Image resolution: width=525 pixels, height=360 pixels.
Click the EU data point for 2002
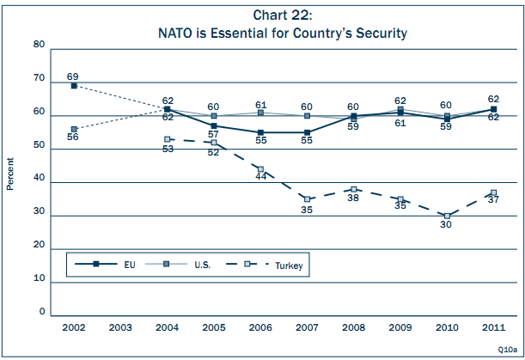tap(74, 86)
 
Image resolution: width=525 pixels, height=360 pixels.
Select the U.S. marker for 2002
tap(74, 129)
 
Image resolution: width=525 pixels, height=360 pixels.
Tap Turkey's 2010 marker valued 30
tap(447, 216)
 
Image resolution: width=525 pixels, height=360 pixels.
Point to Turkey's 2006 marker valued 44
tap(260, 169)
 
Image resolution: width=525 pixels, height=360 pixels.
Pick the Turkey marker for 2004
tap(168, 139)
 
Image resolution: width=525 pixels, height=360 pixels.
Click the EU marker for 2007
tap(308, 132)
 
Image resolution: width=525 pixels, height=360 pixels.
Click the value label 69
tap(73, 76)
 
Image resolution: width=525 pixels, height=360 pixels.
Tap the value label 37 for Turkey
tap(494, 200)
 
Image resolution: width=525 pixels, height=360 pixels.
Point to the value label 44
tap(260, 179)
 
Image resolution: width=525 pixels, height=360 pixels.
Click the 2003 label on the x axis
tap(120, 327)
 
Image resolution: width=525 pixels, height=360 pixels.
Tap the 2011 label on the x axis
tap(494, 327)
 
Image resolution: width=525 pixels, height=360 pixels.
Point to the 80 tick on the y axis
tap(40, 44)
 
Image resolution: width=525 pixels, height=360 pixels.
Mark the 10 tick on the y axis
tap(40, 279)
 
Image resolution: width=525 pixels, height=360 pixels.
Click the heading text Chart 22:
tap(282, 15)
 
